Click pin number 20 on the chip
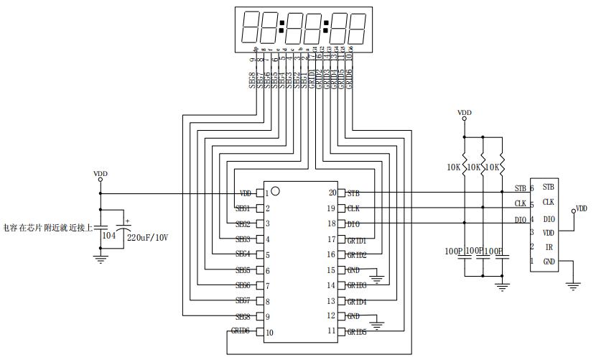point(332,193)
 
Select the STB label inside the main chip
point(353,193)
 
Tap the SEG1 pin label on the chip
point(243,208)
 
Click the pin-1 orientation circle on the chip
point(275,191)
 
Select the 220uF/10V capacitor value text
point(147,236)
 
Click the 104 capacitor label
point(109,235)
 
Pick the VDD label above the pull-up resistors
point(465,113)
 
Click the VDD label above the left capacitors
point(101,174)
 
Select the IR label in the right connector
point(549,246)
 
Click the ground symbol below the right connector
point(572,285)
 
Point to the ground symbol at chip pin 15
point(377,276)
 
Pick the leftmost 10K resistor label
point(453,167)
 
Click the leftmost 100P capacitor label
point(454,251)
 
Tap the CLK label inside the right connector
point(549,202)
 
